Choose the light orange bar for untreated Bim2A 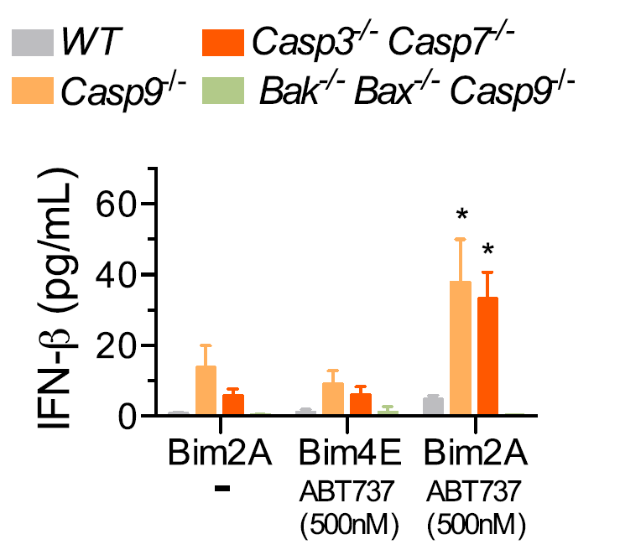click(206, 391)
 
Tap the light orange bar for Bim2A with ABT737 click(461, 349)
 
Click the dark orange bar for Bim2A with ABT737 click(487, 356)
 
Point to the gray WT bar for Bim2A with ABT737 click(434, 407)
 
